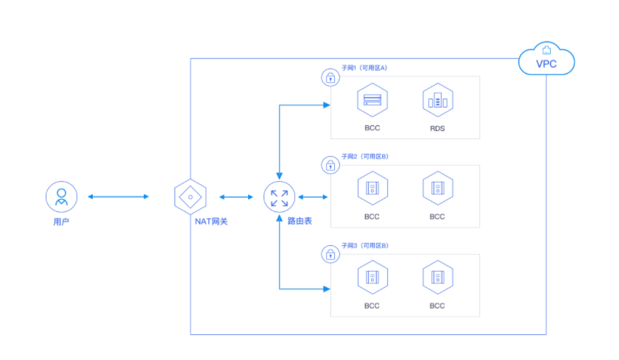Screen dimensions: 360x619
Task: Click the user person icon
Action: (61, 197)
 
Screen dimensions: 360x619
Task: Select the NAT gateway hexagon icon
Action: (190, 197)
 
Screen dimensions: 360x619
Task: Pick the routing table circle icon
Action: (279, 197)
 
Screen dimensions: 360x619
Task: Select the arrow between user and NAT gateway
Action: (119, 197)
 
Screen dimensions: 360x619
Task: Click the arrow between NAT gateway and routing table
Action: (235, 197)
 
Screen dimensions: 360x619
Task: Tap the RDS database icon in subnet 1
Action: (437, 100)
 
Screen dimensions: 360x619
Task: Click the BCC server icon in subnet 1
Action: (372, 100)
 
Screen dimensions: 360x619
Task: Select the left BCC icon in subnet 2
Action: (372, 188)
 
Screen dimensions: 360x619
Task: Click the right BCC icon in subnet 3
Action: (437, 278)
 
